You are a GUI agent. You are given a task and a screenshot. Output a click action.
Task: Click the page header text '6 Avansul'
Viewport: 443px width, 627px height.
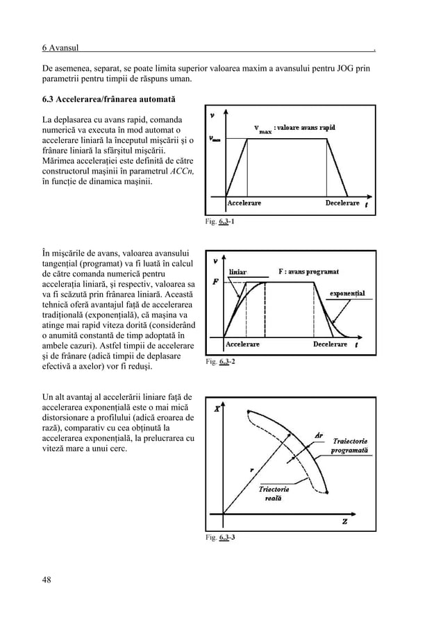60,48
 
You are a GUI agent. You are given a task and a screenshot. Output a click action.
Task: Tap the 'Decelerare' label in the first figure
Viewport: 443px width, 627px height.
342,203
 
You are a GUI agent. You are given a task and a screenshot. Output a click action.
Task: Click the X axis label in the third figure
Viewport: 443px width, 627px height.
217,409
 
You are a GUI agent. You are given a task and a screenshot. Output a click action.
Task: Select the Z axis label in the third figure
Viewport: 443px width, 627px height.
345,521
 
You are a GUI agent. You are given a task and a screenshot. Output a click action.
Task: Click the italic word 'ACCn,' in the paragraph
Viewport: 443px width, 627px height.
180,171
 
